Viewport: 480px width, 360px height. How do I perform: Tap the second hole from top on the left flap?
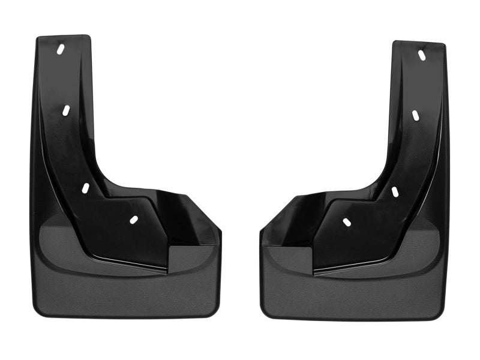click(x=65, y=110)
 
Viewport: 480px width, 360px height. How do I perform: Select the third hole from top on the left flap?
click(x=85, y=188)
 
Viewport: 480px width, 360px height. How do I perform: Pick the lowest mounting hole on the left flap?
click(x=133, y=220)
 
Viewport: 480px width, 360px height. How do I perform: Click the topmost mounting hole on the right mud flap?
click(x=422, y=55)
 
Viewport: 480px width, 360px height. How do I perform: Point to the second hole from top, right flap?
click(x=415, y=115)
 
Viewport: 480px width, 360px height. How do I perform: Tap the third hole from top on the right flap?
click(x=395, y=191)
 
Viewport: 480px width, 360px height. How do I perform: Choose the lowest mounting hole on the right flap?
click(x=347, y=223)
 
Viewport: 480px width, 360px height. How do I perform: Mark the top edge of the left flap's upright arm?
click(x=63, y=37)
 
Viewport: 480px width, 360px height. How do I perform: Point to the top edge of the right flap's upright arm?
click(x=419, y=43)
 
